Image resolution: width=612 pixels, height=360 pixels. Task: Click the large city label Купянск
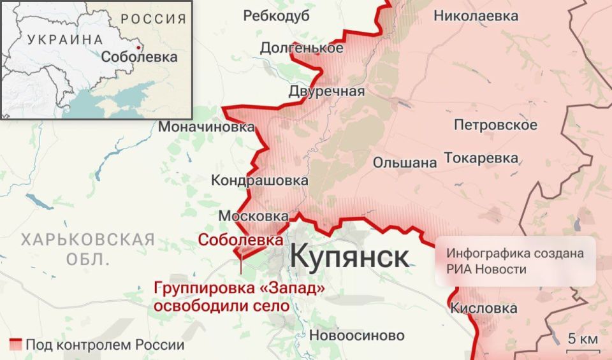click(349, 257)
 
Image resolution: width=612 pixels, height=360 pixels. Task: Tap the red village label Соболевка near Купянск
click(240, 240)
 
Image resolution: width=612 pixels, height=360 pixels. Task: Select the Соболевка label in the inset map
click(139, 57)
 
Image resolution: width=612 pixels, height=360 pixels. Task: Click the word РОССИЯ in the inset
click(154, 18)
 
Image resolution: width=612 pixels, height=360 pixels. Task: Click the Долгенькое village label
click(302, 48)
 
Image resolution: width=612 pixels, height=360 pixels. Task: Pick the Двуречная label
click(326, 91)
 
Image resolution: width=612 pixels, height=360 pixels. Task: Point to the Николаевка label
click(476, 17)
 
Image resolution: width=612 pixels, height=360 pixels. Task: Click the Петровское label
click(495, 125)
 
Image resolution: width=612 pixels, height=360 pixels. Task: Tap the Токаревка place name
click(481, 157)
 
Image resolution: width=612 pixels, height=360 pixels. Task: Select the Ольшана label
click(405, 162)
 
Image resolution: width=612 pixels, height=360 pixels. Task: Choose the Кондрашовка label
click(259, 181)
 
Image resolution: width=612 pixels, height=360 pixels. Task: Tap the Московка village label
click(253, 217)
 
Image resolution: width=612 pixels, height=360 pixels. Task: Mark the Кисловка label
click(483, 308)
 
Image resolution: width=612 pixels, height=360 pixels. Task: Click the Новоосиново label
click(356, 335)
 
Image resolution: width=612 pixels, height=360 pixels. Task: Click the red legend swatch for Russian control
click(15, 345)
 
